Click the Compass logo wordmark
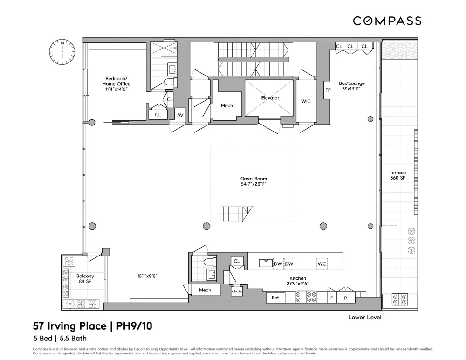click(387, 21)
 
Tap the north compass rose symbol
click(62, 52)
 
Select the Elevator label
click(270, 98)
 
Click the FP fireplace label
click(328, 90)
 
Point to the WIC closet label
click(306, 102)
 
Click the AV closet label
click(180, 115)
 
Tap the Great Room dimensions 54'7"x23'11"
click(254, 184)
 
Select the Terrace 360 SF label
click(397, 175)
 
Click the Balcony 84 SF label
click(85, 279)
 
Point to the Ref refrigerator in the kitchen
click(275, 297)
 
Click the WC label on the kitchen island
click(322, 264)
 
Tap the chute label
click(237, 291)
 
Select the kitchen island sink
click(266, 263)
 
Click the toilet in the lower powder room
click(208, 262)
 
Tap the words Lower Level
click(365, 318)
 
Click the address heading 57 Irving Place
click(69, 326)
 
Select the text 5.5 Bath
click(73, 338)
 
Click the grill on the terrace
click(400, 299)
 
